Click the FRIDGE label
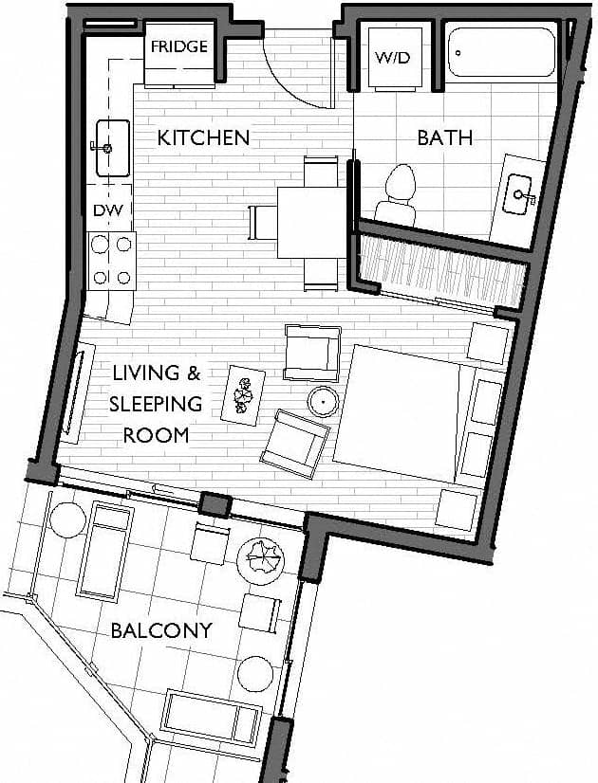point(178,46)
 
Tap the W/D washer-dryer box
point(392,59)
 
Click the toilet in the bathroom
point(398,194)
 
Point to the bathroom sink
point(519,195)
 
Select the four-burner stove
point(111,261)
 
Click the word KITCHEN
point(203,137)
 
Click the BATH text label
point(444,137)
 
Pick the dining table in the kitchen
point(311,223)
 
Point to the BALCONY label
point(160,630)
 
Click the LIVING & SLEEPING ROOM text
point(156,404)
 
